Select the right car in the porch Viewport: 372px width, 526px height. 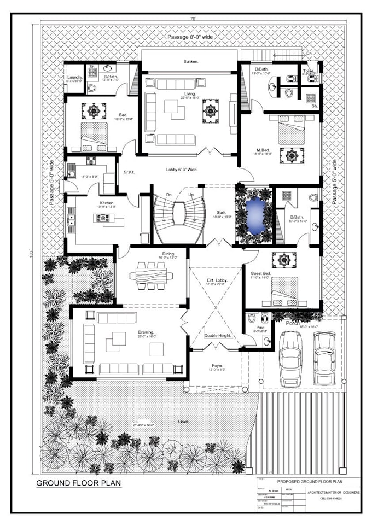324,357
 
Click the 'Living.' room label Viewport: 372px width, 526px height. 187,94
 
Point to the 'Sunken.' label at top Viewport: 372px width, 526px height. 190,62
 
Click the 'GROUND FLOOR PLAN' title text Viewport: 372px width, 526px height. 79,483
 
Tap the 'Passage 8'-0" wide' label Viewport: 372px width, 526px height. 190,37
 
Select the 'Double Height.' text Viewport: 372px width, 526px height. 216,335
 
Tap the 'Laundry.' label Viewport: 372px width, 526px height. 74,78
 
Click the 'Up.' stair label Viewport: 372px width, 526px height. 191,194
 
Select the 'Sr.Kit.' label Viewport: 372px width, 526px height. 129,171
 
